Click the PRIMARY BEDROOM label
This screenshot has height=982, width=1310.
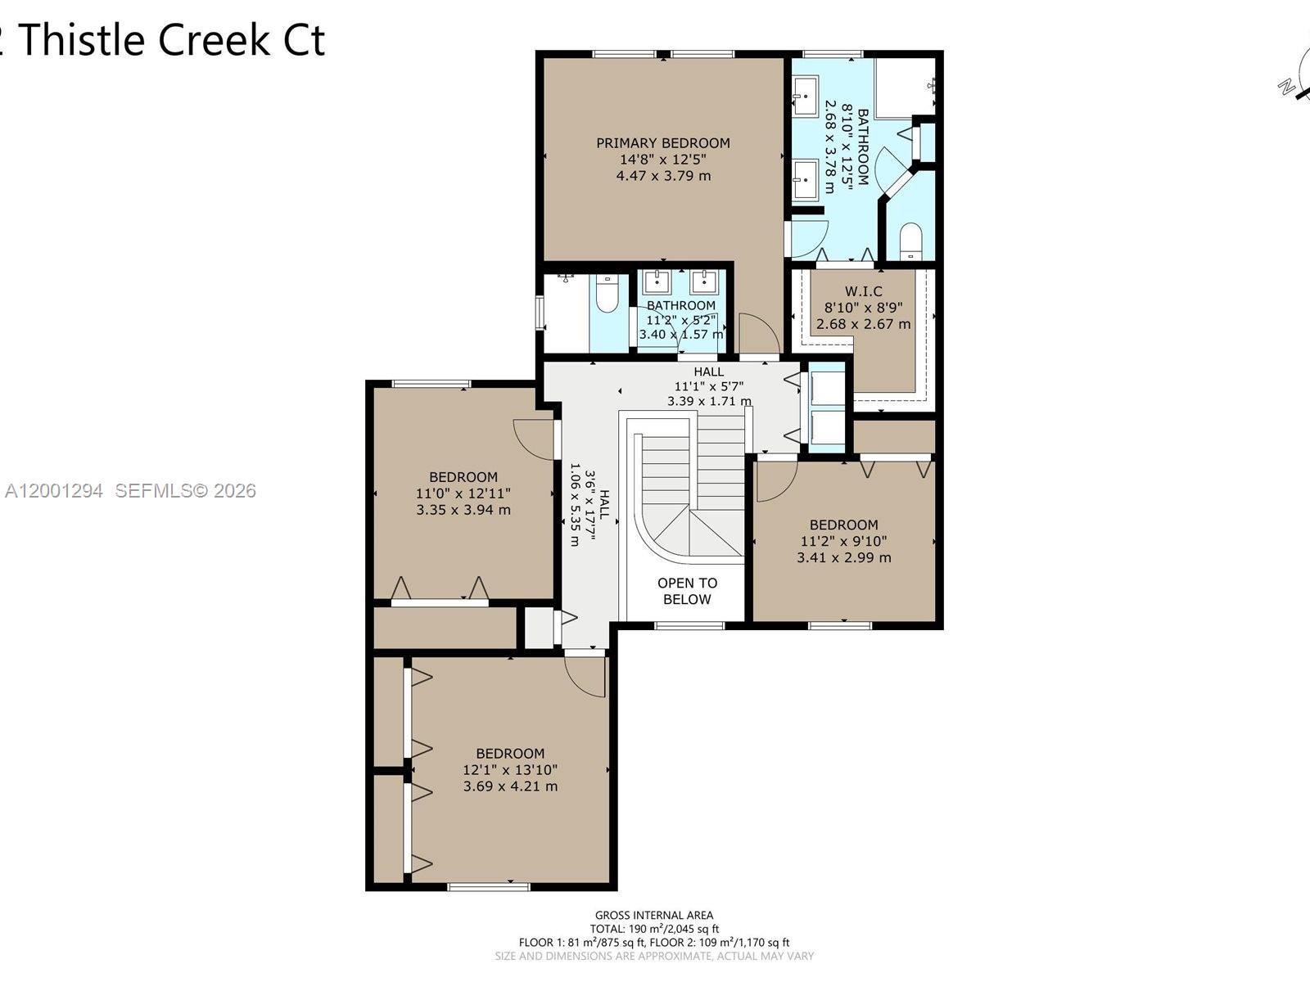[x=662, y=143]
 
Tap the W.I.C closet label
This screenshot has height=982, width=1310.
[x=863, y=291]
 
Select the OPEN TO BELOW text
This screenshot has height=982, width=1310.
[x=687, y=591]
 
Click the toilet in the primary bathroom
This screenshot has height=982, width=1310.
[x=910, y=242]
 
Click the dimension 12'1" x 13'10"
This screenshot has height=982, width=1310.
[x=510, y=770]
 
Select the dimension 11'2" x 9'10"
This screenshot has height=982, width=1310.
[x=843, y=541]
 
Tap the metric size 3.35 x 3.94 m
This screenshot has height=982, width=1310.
[x=463, y=510]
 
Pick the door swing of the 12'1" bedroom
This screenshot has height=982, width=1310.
[x=587, y=676]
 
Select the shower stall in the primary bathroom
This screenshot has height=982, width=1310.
[x=905, y=87]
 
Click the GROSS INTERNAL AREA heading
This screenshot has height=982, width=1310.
[x=653, y=915]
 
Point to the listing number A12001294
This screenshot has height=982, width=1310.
[x=54, y=491]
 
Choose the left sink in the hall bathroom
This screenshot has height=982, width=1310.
[x=657, y=282]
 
